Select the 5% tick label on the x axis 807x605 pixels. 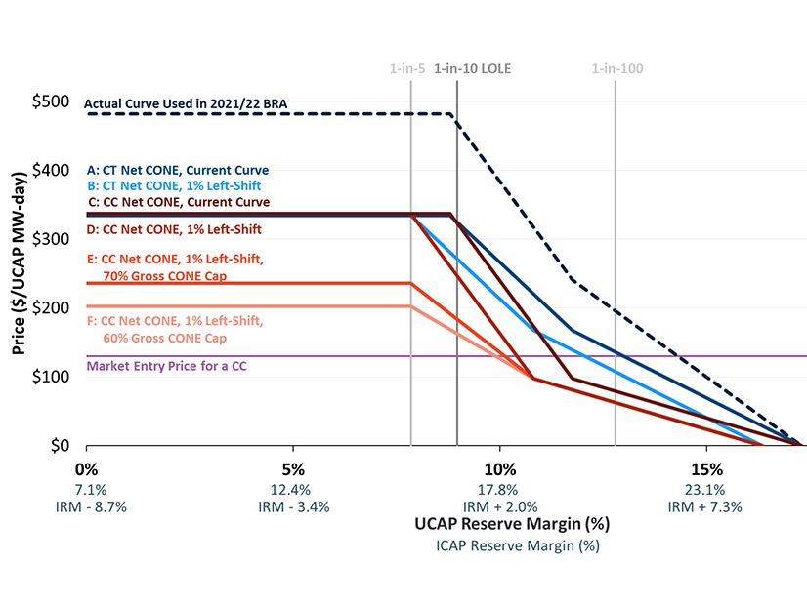293,468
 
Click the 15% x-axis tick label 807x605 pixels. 706,468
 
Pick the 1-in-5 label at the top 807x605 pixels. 408,69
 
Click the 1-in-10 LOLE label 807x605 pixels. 473,69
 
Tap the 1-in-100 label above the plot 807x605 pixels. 617,69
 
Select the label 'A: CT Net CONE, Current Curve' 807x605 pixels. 178,170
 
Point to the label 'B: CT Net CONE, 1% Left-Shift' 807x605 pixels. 174,185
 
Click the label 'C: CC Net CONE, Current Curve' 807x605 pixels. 178,202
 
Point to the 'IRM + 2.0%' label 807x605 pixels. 499,506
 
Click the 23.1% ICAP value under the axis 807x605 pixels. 706,489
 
